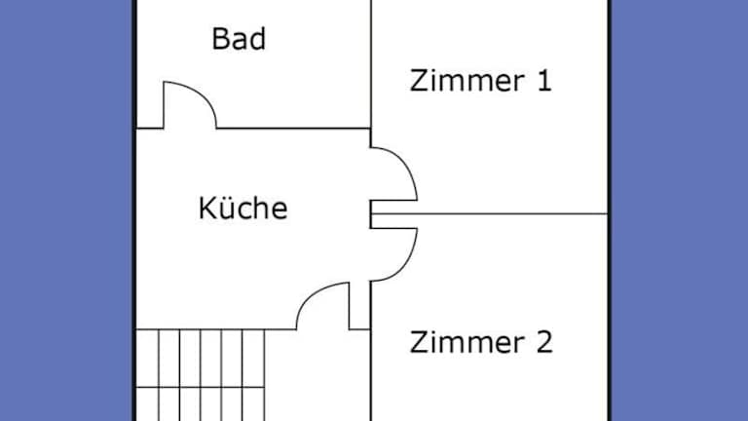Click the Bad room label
pyautogui.click(x=239, y=40)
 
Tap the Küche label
pyautogui.click(x=243, y=209)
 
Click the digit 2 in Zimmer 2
pyautogui.click(x=542, y=343)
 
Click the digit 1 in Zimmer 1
pyautogui.click(x=543, y=80)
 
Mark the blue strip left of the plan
pyautogui.click(x=64, y=210)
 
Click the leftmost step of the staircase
pyautogui.click(x=145, y=374)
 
